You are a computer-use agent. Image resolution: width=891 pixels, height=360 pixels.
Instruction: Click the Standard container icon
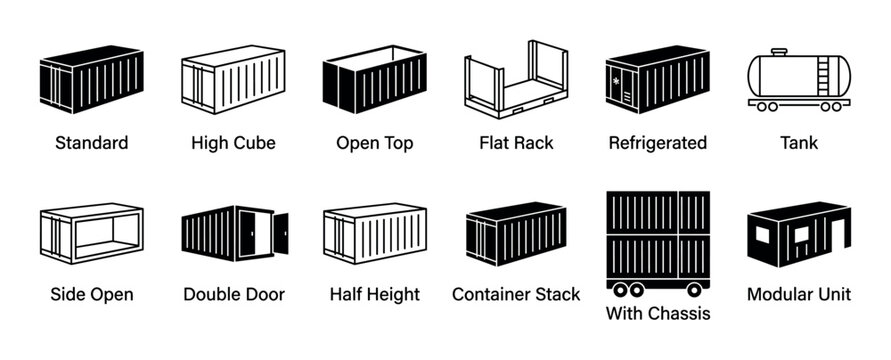(x=91, y=79)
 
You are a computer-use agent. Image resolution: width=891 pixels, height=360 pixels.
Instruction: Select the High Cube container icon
(x=233, y=79)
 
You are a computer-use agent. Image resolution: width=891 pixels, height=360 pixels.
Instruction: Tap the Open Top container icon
(x=375, y=79)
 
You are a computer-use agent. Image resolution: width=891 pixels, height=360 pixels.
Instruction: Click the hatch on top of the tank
(x=779, y=51)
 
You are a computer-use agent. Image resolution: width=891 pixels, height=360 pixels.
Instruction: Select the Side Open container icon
(x=91, y=234)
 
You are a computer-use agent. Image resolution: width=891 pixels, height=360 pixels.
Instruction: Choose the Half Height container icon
(x=375, y=234)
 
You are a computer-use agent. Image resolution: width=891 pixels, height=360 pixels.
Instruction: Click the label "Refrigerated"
(x=657, y=143)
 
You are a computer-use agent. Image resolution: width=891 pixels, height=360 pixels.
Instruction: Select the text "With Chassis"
(x=658, y=314)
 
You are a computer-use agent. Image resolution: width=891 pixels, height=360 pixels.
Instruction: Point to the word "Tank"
(x=799, y=143)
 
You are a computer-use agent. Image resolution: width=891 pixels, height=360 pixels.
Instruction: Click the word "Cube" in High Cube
(x=255, y=143)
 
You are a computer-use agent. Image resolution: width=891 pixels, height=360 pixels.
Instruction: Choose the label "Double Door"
(x=234, y=294)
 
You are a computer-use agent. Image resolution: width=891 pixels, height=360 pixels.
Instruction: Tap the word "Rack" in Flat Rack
(x=534, y=143)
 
